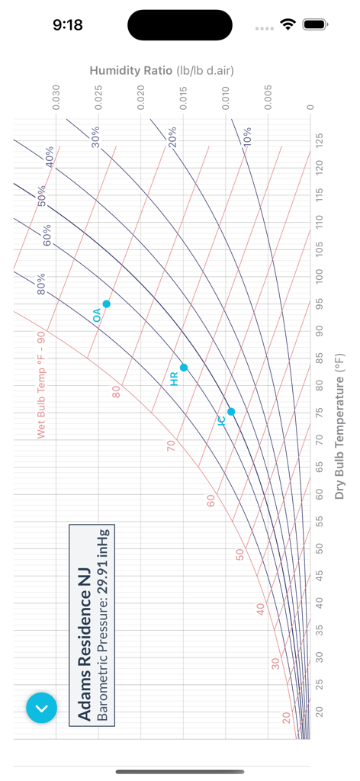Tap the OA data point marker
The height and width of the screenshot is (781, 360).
(x=107, y=304)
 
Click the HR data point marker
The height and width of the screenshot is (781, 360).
(x=184, y=368)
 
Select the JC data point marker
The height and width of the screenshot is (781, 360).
(x=231, y=412)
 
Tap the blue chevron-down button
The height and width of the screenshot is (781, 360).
(x=41, y=708)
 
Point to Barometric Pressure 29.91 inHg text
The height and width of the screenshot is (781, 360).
(x=102, y=624)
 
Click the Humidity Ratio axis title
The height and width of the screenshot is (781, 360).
(x=161, y=71)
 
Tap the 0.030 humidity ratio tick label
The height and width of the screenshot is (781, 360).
(x=56, y=98)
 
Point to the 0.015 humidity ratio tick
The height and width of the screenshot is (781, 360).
(x=184, y=98)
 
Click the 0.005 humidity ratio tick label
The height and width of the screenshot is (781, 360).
(x=268, y=98)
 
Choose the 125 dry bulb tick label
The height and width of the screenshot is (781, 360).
(x=320, y=140)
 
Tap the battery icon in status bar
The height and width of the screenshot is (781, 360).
(x=314, y=24)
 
